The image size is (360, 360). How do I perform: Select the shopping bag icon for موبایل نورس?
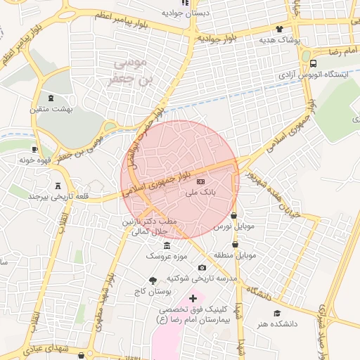coord(233,216)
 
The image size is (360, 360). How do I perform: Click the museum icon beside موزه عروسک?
coord(167,245)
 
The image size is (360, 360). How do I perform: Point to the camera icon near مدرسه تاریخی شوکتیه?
coord(202,267)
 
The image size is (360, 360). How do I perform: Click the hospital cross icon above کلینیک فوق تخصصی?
coord(193,299)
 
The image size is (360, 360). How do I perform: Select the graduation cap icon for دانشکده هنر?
coord(278,313)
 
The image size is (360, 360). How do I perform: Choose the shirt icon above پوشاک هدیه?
coord(280,30)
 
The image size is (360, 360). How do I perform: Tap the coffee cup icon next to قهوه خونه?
coord(35,149)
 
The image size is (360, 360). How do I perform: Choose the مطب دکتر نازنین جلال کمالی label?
coord(150,226)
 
